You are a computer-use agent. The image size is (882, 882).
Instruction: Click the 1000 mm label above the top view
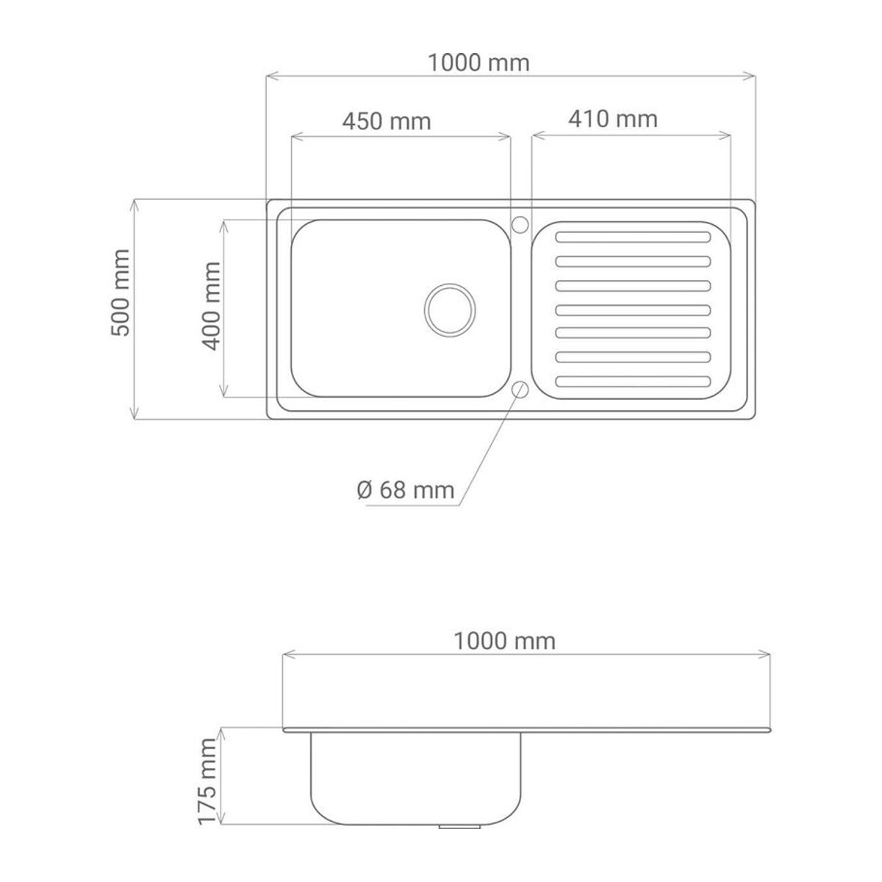point(478,62)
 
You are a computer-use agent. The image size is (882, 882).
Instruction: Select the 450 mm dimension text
point(387,122)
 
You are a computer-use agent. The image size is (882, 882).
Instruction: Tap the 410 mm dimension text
point(613,119)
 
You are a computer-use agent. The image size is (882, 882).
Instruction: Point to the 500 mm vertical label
point(121,293)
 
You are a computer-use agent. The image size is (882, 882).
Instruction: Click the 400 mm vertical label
point(212,306)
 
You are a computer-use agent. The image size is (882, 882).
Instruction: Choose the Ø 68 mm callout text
point(406,490)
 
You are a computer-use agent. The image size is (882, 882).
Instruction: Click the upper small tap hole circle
point(520,225)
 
